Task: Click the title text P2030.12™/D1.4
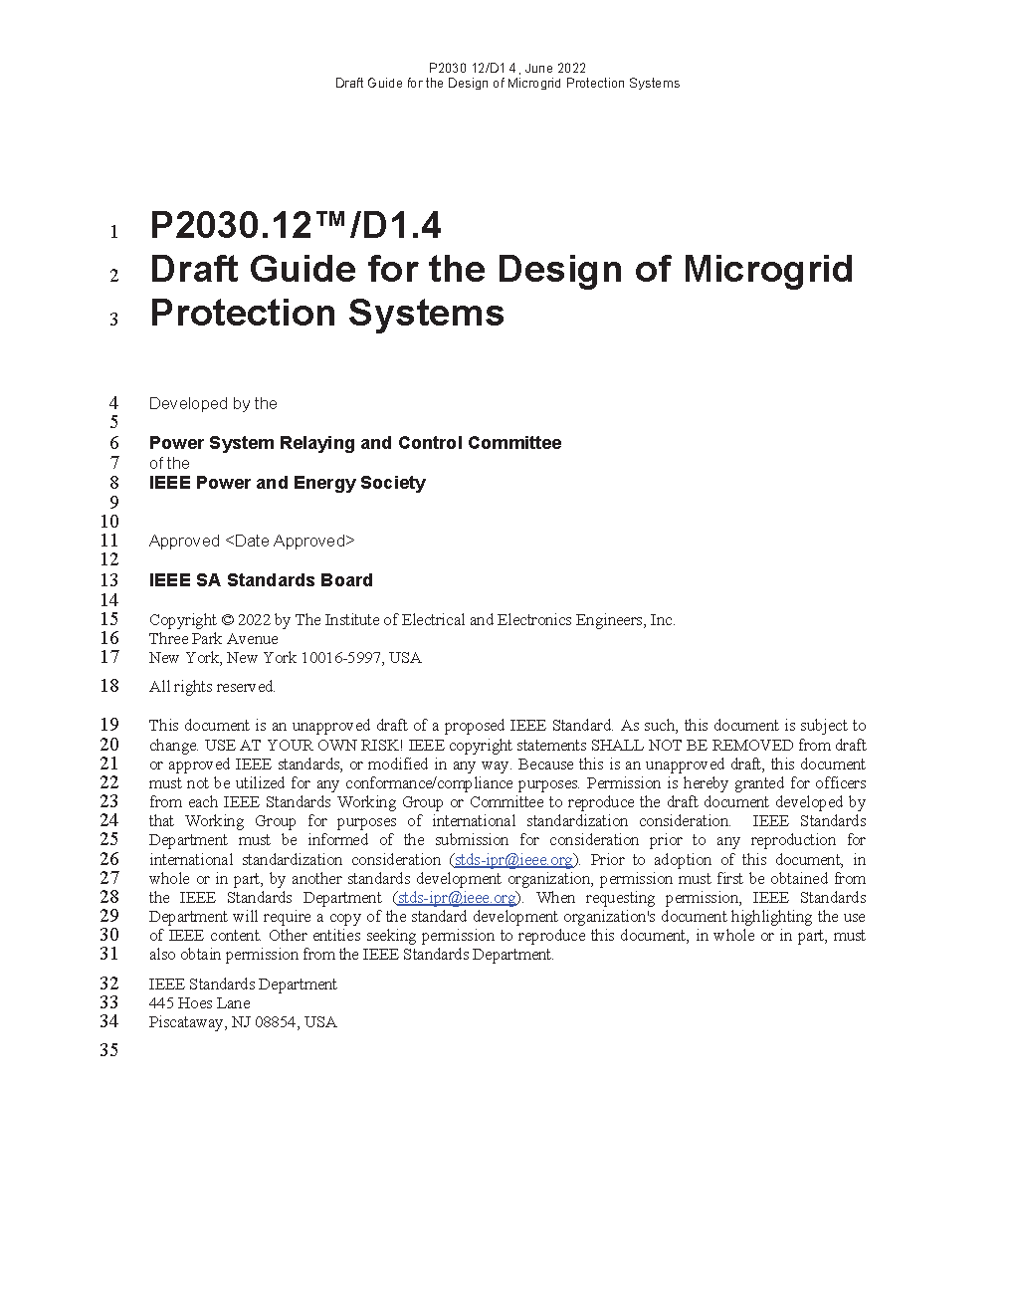point(296,227)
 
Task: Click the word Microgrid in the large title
point(768,270)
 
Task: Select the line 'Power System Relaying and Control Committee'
point(355,443)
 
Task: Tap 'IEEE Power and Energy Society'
point(288,483)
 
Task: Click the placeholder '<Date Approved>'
point(290,542)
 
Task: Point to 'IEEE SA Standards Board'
point(261,580)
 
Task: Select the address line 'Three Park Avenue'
point(213,639)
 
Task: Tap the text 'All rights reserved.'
point(212,687)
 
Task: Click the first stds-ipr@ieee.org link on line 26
point(513,860)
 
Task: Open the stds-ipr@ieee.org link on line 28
point(457,898)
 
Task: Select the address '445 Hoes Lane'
point(199,1003)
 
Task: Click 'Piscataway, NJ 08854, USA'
point(243,1022)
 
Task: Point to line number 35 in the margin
point(108,1050)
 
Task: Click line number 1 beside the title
point(113,233)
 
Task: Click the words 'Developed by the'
point(213,404)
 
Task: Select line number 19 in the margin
point(108,725)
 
